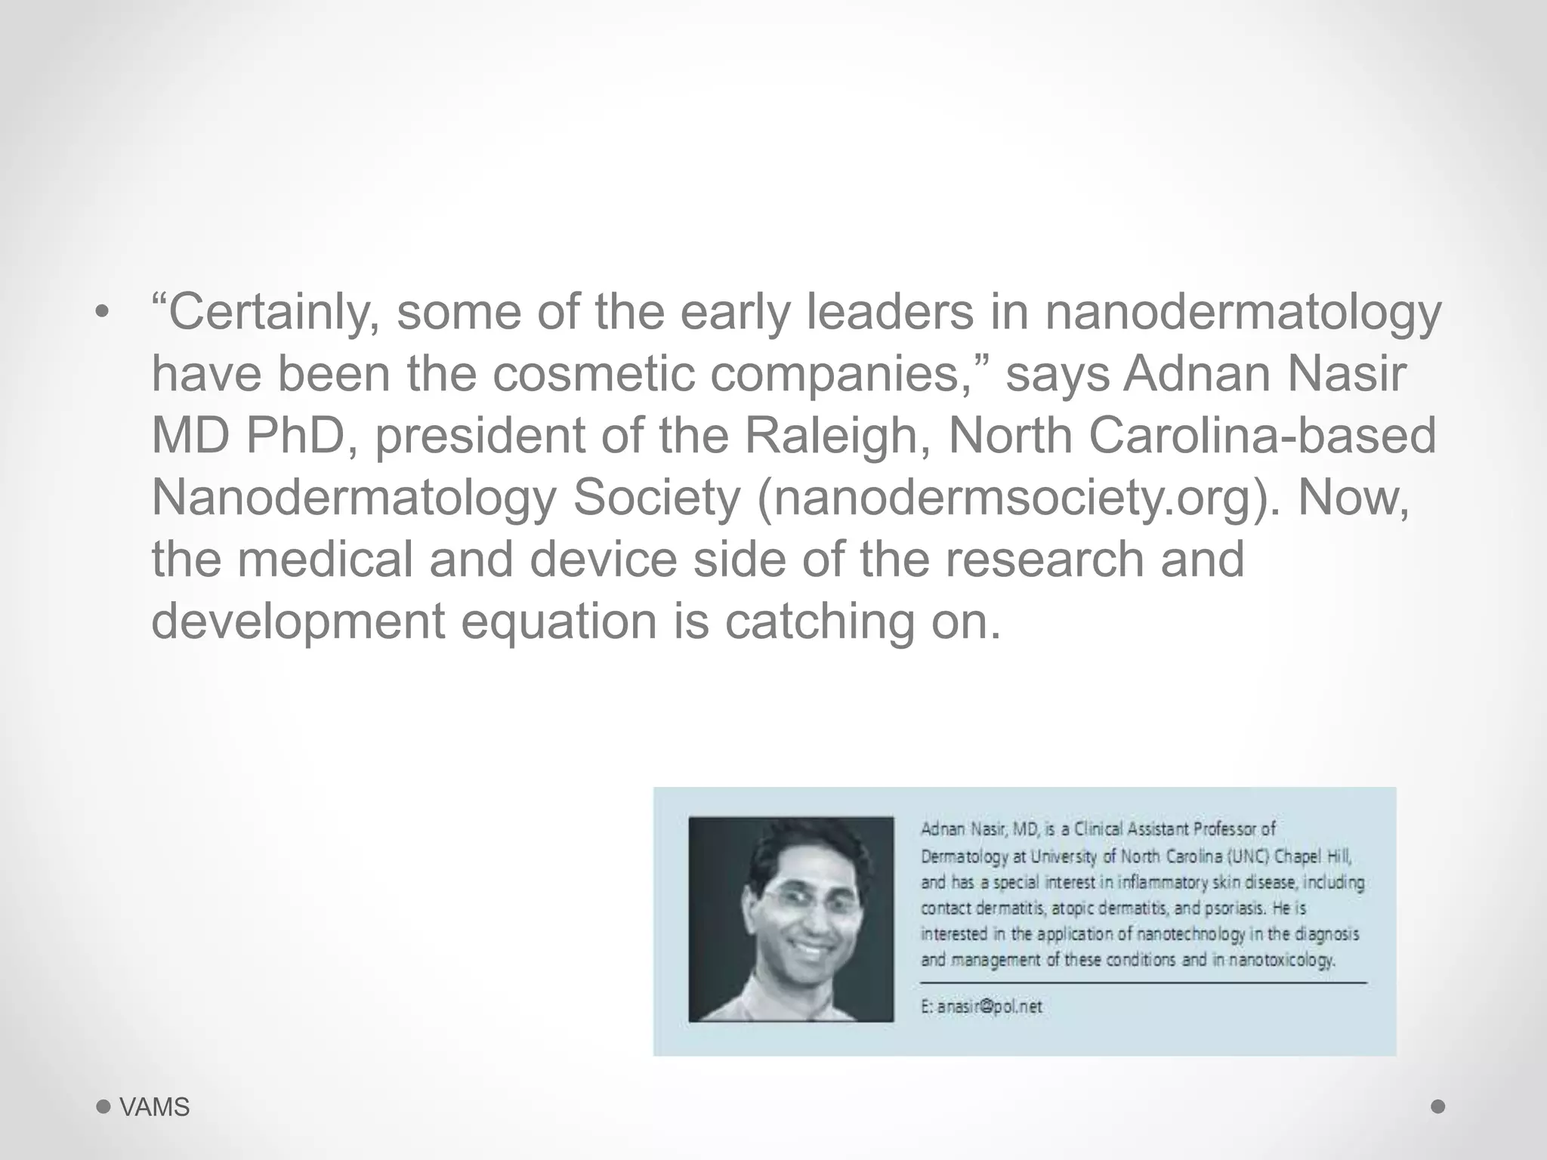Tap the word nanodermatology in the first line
coord(1243,313)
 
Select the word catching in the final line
coord(820,622)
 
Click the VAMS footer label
coord(155,1107)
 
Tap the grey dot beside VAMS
coord(103,1107)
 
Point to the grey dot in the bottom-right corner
coord(1438,1106)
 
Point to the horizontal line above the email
coord(1143,983)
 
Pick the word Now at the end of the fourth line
coord(1353,498)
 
